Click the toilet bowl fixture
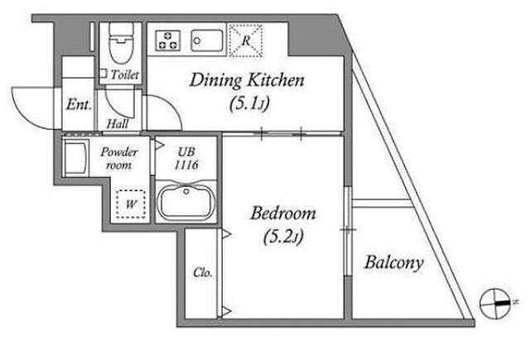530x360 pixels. (121, 43)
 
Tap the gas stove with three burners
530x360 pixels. (167, 41)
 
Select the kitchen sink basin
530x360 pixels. (207, 41)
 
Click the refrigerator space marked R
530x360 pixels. (246, 41)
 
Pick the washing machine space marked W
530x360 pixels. (131, 204)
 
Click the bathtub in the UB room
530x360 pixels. (185, 202)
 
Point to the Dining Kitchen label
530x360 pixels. (247, 81)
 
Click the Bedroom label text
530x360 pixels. (283, 214)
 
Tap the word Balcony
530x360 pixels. (394, 262)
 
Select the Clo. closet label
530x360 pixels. (203, 272)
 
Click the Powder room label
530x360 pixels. (119, 158)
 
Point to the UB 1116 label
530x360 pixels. (186, 158)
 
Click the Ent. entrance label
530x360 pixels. (79, 104)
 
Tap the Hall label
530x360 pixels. (118, 124)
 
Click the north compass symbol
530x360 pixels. (494, 303)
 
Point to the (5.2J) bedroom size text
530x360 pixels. (283, 236)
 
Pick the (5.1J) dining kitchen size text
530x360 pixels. (249, 103)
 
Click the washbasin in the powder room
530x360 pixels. (75, 159)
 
